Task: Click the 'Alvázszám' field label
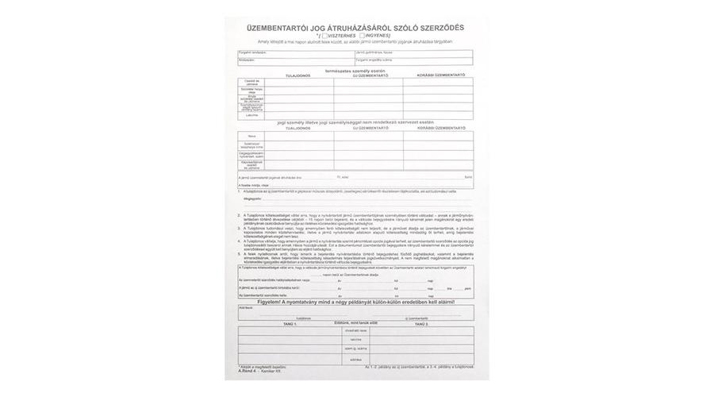click(x=248, y=60)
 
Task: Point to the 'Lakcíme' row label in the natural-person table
click(x=251, y=115)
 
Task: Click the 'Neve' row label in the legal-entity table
click(x=251, y=136)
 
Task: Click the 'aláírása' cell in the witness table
click(x=355, y=359)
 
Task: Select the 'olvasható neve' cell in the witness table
click(x=355, y=330)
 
